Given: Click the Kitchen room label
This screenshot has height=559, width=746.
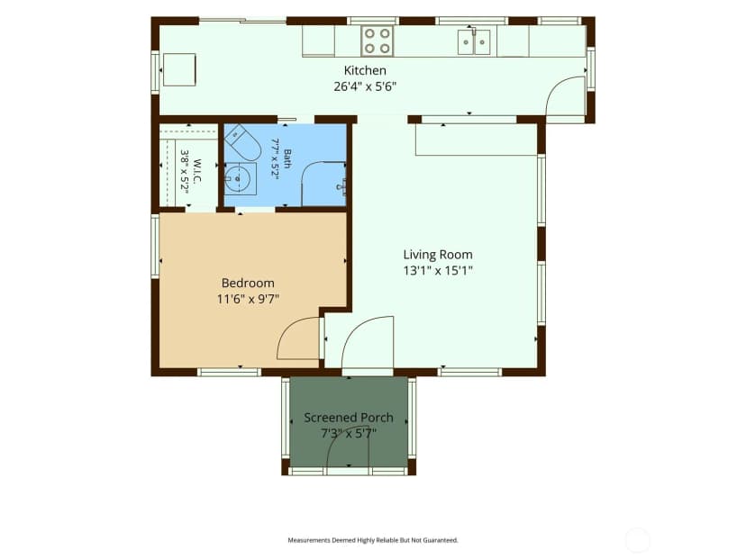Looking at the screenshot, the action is [x=365, y=70].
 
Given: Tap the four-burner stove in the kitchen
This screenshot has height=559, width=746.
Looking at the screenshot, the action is [x=378, y=41].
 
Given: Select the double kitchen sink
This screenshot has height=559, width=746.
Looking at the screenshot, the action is [x=474, y=41].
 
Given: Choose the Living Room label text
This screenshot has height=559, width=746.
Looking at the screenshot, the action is [x=438, y=255].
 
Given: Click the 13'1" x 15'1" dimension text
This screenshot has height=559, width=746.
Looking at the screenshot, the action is [x=438, y=271].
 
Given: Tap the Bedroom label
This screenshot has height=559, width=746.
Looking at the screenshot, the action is [x=248, y=284].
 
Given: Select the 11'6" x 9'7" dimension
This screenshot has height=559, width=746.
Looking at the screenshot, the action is [x=248, y=300].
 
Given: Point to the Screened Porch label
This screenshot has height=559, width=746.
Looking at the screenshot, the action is [x=349, y=418].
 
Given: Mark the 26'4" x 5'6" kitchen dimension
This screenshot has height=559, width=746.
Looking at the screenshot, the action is [x=365, y=86].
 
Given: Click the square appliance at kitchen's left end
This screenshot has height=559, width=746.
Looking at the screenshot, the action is [x=179, y=69].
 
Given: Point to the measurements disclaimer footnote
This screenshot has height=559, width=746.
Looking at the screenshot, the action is [x=373, y=540].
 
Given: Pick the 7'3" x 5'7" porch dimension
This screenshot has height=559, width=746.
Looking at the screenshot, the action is [x=349, y=434].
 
